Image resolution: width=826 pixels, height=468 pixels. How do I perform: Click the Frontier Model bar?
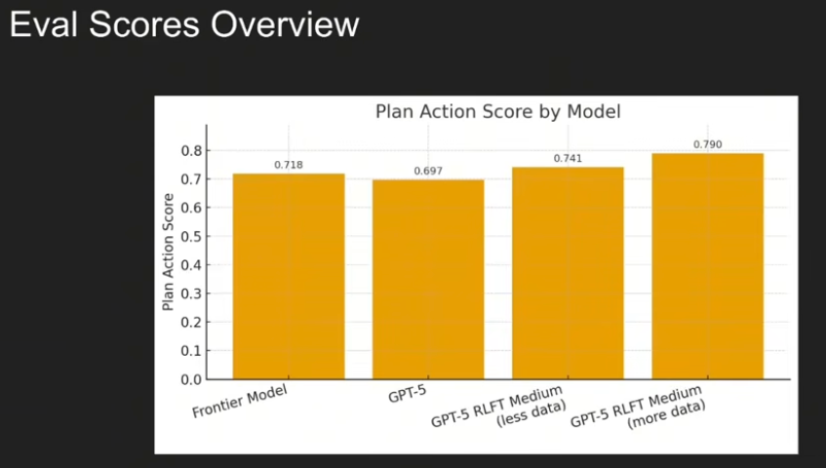[289, 276]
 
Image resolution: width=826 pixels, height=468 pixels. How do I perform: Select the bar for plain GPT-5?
[428, 279]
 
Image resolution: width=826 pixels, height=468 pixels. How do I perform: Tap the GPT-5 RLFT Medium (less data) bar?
[568, 273]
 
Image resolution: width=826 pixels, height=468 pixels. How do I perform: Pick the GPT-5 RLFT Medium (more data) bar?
[707, 266]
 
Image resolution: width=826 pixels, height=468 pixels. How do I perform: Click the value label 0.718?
[289, 165]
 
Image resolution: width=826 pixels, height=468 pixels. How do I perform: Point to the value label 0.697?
[428, 171]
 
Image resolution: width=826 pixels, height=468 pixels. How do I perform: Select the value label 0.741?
[568, 159]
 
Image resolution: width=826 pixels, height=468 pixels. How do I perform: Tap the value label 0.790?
[707, 144]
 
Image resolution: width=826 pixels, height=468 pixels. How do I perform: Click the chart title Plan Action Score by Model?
[497, 111]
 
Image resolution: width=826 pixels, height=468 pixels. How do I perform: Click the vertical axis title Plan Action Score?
[168, 253]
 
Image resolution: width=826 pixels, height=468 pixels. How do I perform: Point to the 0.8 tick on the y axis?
[191, 151]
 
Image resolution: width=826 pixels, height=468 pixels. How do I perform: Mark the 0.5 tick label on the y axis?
[191, 236]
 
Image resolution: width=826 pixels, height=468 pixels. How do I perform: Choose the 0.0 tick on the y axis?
[191, 379]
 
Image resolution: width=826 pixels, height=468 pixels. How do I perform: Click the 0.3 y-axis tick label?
[191, 293]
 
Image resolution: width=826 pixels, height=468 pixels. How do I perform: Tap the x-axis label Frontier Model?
[240, 401]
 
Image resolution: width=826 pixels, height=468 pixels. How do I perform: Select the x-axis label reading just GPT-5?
[408, 394]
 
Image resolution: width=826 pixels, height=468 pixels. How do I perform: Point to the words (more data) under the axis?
[666, 414]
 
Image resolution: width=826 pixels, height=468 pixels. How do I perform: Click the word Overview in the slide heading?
[285, 24]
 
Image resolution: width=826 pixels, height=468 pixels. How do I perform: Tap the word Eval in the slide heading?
[44, 24]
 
